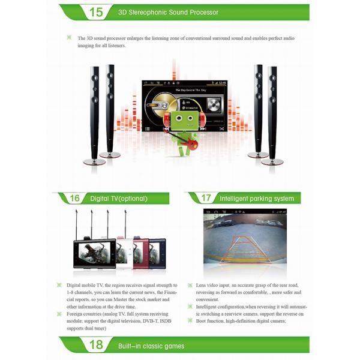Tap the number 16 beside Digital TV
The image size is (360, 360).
click(76, 198)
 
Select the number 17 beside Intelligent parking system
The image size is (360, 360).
click(206, 198)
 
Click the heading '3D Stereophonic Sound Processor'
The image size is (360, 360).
click(168, 12)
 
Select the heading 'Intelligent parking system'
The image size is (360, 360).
click(257, 198)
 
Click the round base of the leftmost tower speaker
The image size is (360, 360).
click(94, 161)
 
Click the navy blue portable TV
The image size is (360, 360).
click(158, 252)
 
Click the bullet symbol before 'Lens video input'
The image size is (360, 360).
click(190, 285)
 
